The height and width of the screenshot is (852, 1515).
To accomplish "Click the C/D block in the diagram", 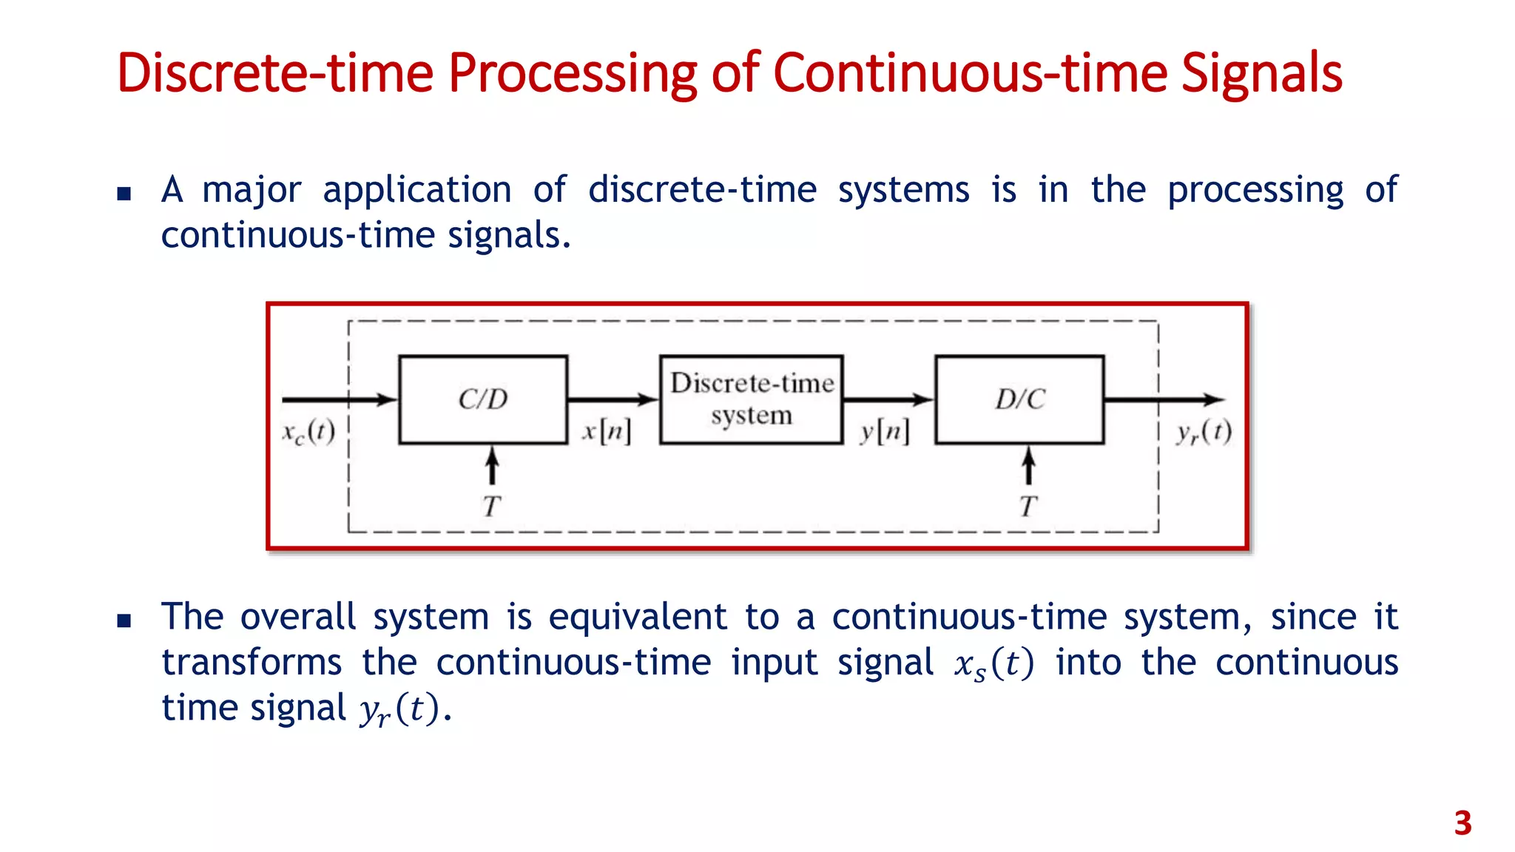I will click(483, 399).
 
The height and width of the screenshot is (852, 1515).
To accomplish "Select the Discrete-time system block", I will click(752, 399).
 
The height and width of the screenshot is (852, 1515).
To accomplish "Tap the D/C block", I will click(1019, 399).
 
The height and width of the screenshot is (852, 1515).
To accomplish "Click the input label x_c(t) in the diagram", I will click(308, 432).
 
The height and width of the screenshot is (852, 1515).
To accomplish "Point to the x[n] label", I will click(607, 431).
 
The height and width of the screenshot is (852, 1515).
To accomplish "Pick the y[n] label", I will click(885, 431).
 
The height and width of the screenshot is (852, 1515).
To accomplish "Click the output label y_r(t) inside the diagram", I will click(1204, 432).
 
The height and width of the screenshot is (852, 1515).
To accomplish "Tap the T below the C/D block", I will click(492, 507).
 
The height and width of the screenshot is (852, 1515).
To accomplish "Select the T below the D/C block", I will click(1028, 507).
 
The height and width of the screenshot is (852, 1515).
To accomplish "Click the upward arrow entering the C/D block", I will click(492, 466).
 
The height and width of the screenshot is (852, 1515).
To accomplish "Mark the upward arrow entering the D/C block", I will click(1028, 466).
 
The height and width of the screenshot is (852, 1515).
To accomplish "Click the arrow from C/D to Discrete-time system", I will click(613, 400).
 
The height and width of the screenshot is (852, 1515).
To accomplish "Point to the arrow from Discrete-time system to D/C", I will click(888, 400).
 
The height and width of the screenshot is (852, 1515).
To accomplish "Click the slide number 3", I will click(1462, 823).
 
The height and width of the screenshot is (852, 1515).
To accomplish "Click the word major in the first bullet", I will click(252, 191).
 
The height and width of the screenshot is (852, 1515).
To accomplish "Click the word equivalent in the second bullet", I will click(638, 617).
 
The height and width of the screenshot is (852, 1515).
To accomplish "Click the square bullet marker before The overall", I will click(124, 621).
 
